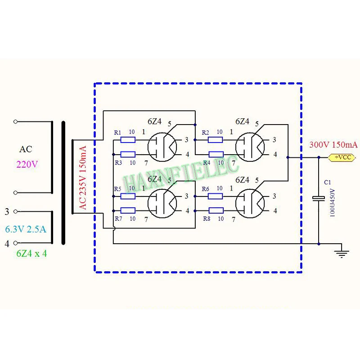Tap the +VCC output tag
point(342,158)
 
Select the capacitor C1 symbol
point(319,199)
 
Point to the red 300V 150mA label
point(333,145)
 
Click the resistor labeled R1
point(128,140)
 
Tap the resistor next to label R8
point(216,210)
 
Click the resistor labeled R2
point(216,140)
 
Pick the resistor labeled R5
point(128,196)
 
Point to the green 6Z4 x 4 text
point(31,253)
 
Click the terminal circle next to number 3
point(16,211)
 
